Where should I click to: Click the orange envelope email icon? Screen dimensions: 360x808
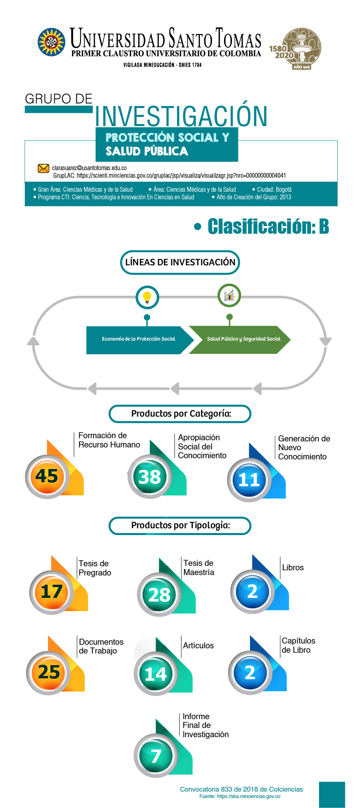(x=43, y=168)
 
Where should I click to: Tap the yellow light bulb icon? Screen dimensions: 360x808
(x=147, y=297)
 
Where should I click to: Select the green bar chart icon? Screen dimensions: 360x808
(x=229, y=295)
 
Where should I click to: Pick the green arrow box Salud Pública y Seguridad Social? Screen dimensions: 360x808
(x=240, y=340)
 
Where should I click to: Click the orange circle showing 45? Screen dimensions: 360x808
(x=47, y=477)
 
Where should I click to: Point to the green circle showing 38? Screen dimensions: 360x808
(x=149, y=477)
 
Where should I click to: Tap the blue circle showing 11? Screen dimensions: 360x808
(x=249, y=480)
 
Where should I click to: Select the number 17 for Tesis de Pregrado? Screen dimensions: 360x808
(x=52, y=592)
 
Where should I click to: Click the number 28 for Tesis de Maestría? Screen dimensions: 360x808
(x=159, y=595)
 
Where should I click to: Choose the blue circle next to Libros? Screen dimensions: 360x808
(x=252, y=592)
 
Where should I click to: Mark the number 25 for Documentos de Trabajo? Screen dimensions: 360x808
(x=49, y=672)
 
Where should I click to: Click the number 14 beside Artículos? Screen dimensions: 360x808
(x=156, y=675)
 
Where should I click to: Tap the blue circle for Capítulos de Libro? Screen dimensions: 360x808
(x=250, y=673)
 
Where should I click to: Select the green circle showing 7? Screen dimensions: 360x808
(x=156, y=756)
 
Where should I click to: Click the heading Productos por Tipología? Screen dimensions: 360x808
(x=180, y=525)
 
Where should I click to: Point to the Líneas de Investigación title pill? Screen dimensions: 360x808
(x=180, y=263)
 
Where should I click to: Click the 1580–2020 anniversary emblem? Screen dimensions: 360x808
(x=296, y=48)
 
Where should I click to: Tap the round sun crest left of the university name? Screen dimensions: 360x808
(x=52, y=42)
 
